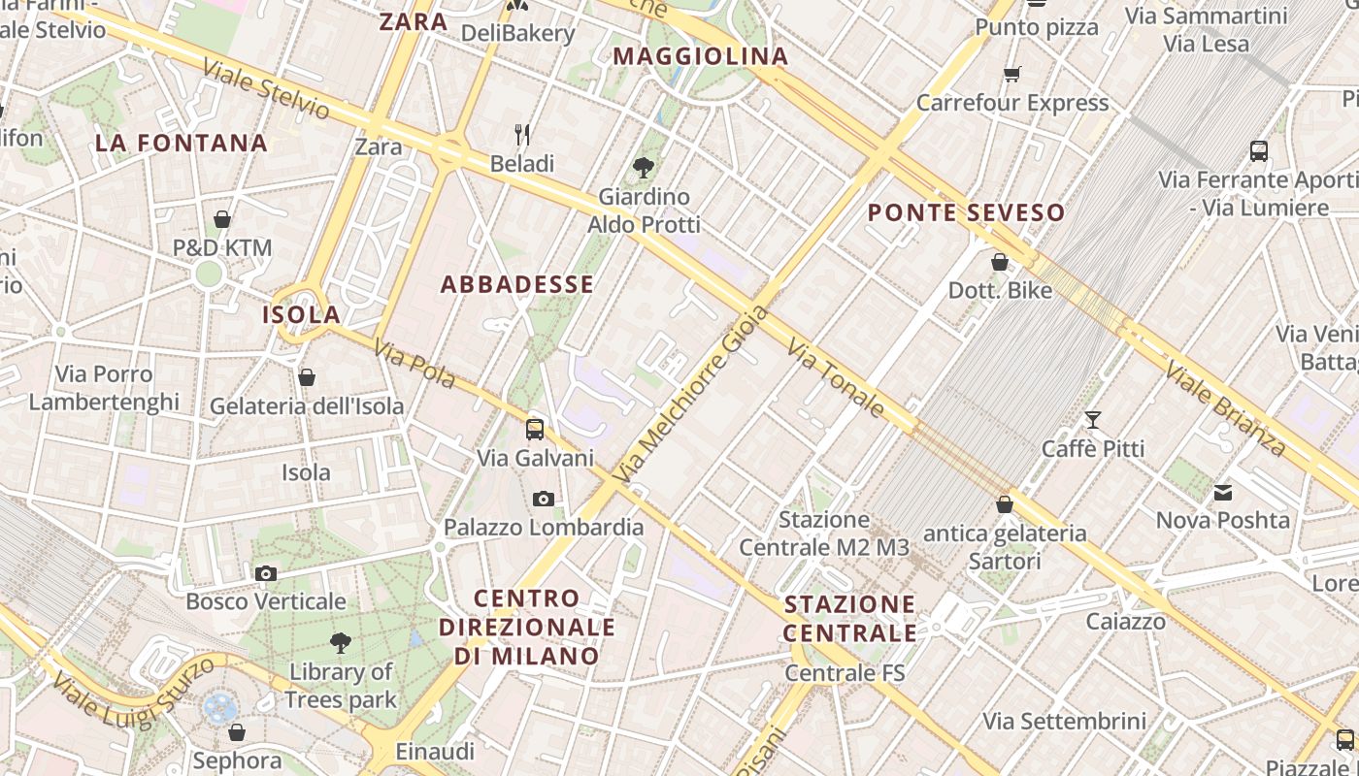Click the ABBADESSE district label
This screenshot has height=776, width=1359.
tap(516, 284)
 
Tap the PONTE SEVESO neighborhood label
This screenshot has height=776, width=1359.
tap(966, 212)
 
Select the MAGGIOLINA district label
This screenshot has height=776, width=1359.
tap(700, 56)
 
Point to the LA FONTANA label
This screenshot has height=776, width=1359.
tap(182, 144)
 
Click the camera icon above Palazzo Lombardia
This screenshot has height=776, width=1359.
tap(544, 499)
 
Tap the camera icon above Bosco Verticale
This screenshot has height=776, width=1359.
tap(266, 573)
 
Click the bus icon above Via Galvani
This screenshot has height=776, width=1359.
tap(535, 429)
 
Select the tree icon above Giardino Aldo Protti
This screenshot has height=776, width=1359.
tap(643, 168)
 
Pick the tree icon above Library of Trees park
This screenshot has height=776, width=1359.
tap(341, 642)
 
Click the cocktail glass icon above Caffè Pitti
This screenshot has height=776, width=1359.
tap(1093, 420)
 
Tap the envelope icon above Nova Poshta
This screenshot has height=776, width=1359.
tap(1223, 493)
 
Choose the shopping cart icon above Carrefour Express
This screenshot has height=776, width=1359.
tap(1011, 74)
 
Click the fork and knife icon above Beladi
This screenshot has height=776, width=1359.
tap(522, 134)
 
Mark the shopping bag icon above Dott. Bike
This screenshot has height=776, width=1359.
tap(1000, 262)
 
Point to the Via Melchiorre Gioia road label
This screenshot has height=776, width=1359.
tap(692, 396)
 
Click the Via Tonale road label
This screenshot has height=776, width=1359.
tap(836, 378)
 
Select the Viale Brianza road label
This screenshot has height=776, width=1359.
tap(1225, 408)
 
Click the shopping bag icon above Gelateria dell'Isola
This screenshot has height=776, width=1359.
tap(307, 377)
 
